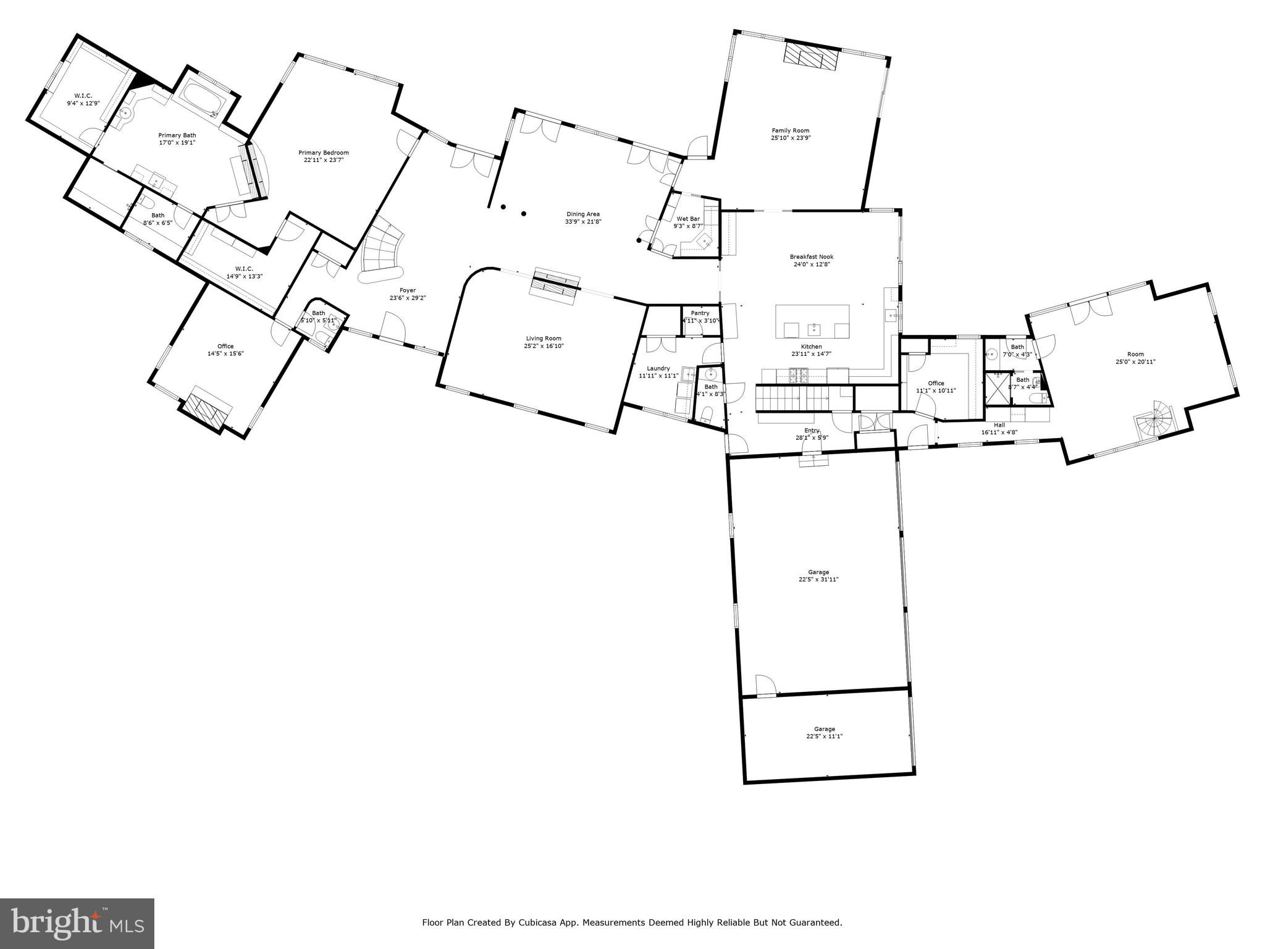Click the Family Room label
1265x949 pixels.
click(x=790, y=130)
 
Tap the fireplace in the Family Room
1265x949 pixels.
click(x=811, y=57)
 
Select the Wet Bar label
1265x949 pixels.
click(x=687, y=219)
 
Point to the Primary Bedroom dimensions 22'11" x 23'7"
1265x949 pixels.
click(x=323, y=160)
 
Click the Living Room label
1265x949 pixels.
click(x=544, y=338)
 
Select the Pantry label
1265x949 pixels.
click(x=700, y=313)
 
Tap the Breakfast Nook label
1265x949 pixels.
click(x=811, y=256)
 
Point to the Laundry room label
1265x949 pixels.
click(x=658, y=368)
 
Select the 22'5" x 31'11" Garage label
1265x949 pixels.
click(x=818, y=572)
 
